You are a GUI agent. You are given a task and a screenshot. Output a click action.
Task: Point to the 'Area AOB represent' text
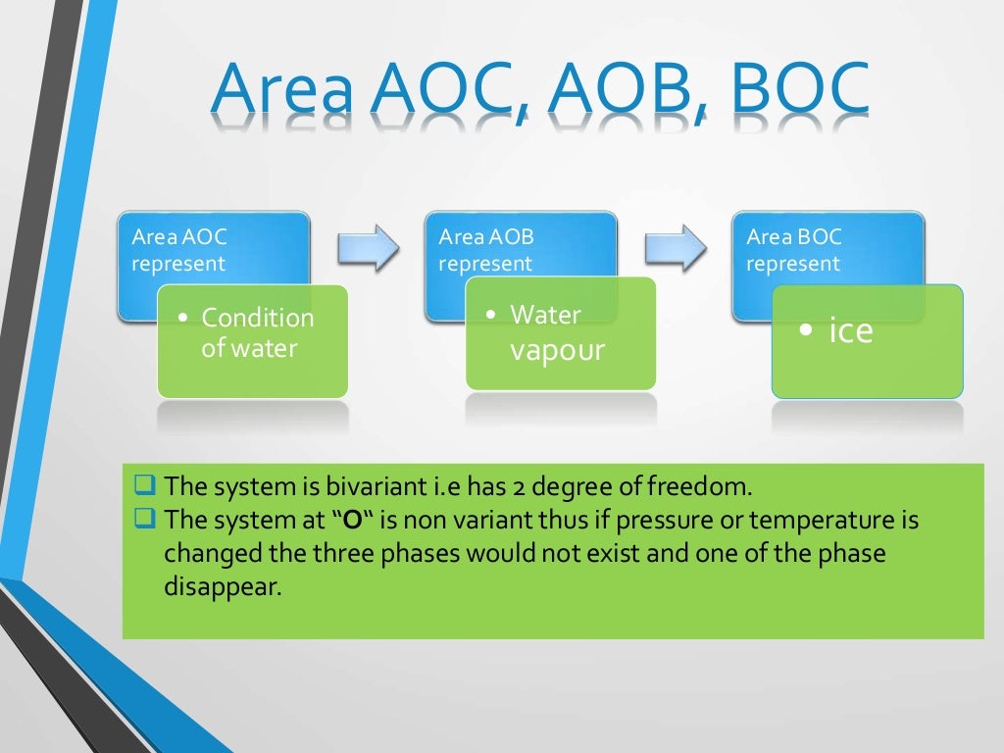point(486,250)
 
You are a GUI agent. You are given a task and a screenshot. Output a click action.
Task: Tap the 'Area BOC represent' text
point(794,250)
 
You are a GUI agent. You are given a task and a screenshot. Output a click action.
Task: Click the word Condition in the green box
point(258,318)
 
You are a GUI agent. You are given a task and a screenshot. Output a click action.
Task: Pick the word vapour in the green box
point(558,350)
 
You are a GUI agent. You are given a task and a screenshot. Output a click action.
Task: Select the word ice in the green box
point(850,331)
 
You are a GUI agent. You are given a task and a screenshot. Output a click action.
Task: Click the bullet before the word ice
point(805,331)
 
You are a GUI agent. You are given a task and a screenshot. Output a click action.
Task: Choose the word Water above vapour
point(546,315)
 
